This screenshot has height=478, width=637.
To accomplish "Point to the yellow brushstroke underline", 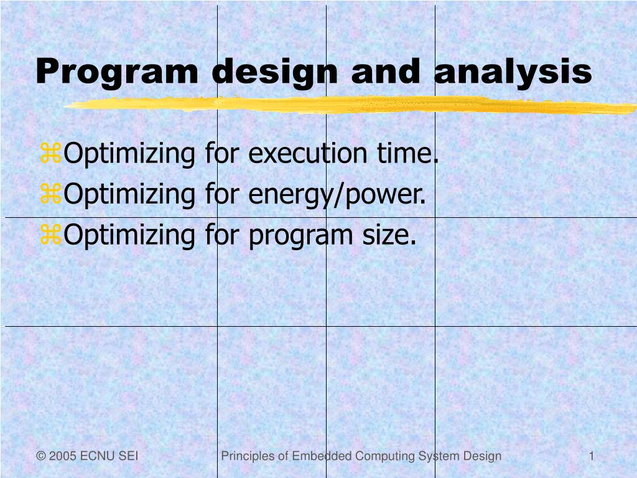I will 348,106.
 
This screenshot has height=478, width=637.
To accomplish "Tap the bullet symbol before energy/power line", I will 50,195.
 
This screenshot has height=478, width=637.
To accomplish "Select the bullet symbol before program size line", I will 50,235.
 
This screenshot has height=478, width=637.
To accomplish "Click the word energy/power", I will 337,195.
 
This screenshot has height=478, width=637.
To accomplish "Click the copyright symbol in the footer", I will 41,456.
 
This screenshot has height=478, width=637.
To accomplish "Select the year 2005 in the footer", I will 62,456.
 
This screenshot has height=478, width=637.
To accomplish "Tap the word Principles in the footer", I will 248,456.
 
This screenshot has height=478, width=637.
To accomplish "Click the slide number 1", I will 592,456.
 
